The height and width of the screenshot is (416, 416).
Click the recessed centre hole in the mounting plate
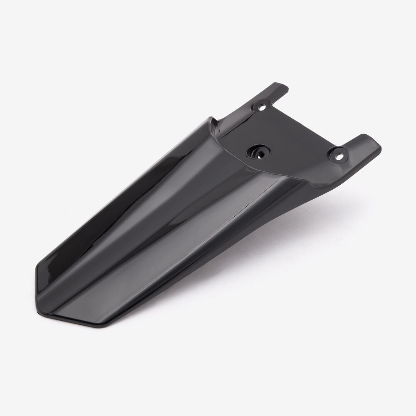(258, 151)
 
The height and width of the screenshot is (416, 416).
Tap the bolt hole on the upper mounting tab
(262, 106)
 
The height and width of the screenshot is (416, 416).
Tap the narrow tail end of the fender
(62, 291)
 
